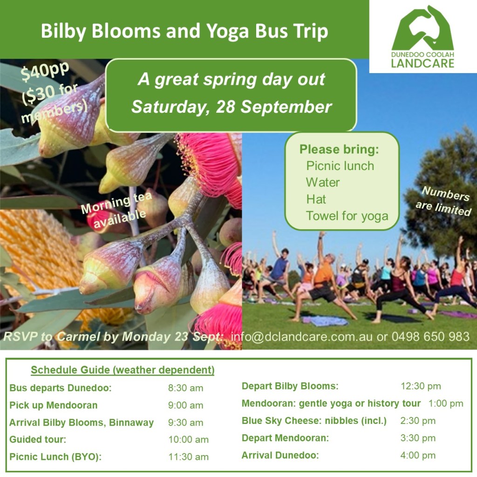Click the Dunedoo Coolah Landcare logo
pyautogui.click(x=422, y=36)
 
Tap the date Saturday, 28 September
pyautogui.click(x=231, y=107)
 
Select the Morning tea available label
pyautogui.click(x=116, y=210)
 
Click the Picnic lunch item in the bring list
pyautogui.click(x=340, y=166)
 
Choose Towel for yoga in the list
pyautogui.click(x=347, y=216)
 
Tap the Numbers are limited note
pyautogui.click(x=444, y=201)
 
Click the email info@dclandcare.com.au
pyautogui.click(x=301, y=337)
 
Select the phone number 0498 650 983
pyautogui.click(x=430, y=336)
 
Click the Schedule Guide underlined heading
pyautogui.click(x=123, y=370)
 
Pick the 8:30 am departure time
pyautogui.click(x=185, y=388)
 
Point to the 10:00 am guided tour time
pyautogui.click(x=188, y=439)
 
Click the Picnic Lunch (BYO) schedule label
pyautogui.click(x=55, y=457)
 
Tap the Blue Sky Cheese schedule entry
pyautogui.click(x=314, y=421)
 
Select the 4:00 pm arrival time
pyautogui.click(x=418, y=456)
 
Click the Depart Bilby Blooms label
pyautogui.click(x=290, y=386)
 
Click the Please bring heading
pyautogui.click(x=339, y=150)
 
